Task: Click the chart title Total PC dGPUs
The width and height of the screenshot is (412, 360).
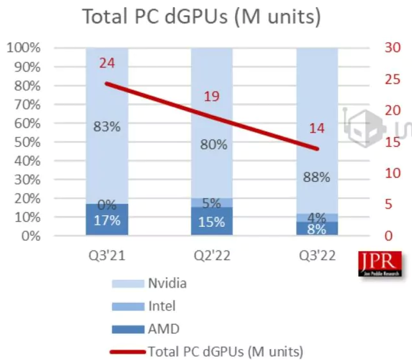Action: [x=201, y=17]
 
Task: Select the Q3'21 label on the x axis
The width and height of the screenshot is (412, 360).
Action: [x=106, y=257]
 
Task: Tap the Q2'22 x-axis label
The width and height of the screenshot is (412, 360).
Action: [x=212, y=257]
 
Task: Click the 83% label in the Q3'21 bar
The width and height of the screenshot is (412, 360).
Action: [x=106, y=126]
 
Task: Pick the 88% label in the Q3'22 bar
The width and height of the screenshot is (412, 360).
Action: [x=317, y=177]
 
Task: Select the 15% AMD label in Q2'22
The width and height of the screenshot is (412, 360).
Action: [x=212, y=222]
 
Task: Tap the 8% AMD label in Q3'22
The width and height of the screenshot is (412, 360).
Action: [x=317, y=228]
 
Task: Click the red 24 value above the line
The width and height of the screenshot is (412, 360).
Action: [x=106, y=63]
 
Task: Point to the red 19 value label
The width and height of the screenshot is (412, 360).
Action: [x=212, y=97]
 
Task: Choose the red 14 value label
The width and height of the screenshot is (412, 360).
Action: [x=317, y=128]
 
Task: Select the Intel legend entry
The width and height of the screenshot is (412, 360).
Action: [x=161, y=306]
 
